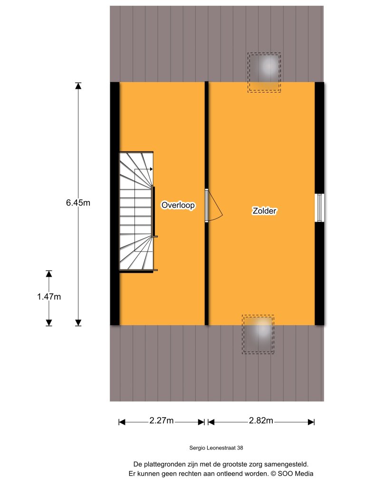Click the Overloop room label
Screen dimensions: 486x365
[x=178, y=206]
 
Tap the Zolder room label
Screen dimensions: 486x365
[x=265, y=211]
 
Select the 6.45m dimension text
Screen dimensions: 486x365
[x=78, y=203]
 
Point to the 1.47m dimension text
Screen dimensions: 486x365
[x=48, y=297]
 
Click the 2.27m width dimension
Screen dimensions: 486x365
[x=162, y=421]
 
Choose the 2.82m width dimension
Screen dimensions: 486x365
[x=261, y=421]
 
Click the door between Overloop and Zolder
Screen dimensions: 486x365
[x=212, y=206]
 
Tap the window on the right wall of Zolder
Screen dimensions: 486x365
[x=320, y=207]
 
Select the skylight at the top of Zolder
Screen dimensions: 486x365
[x=264, y=72]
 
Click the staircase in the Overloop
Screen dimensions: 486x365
[x=136, y=211]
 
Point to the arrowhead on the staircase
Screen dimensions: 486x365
[x=151, y=169]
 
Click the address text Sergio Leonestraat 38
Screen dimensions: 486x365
[x=216, y=447]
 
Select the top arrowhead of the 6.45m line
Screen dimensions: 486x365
[x=78, y=86]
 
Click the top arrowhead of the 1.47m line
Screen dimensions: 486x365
[x=48, y=274]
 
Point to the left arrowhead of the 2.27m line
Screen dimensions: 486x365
[x=122, y=421]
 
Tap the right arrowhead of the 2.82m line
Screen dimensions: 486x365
[x=312, y=421]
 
